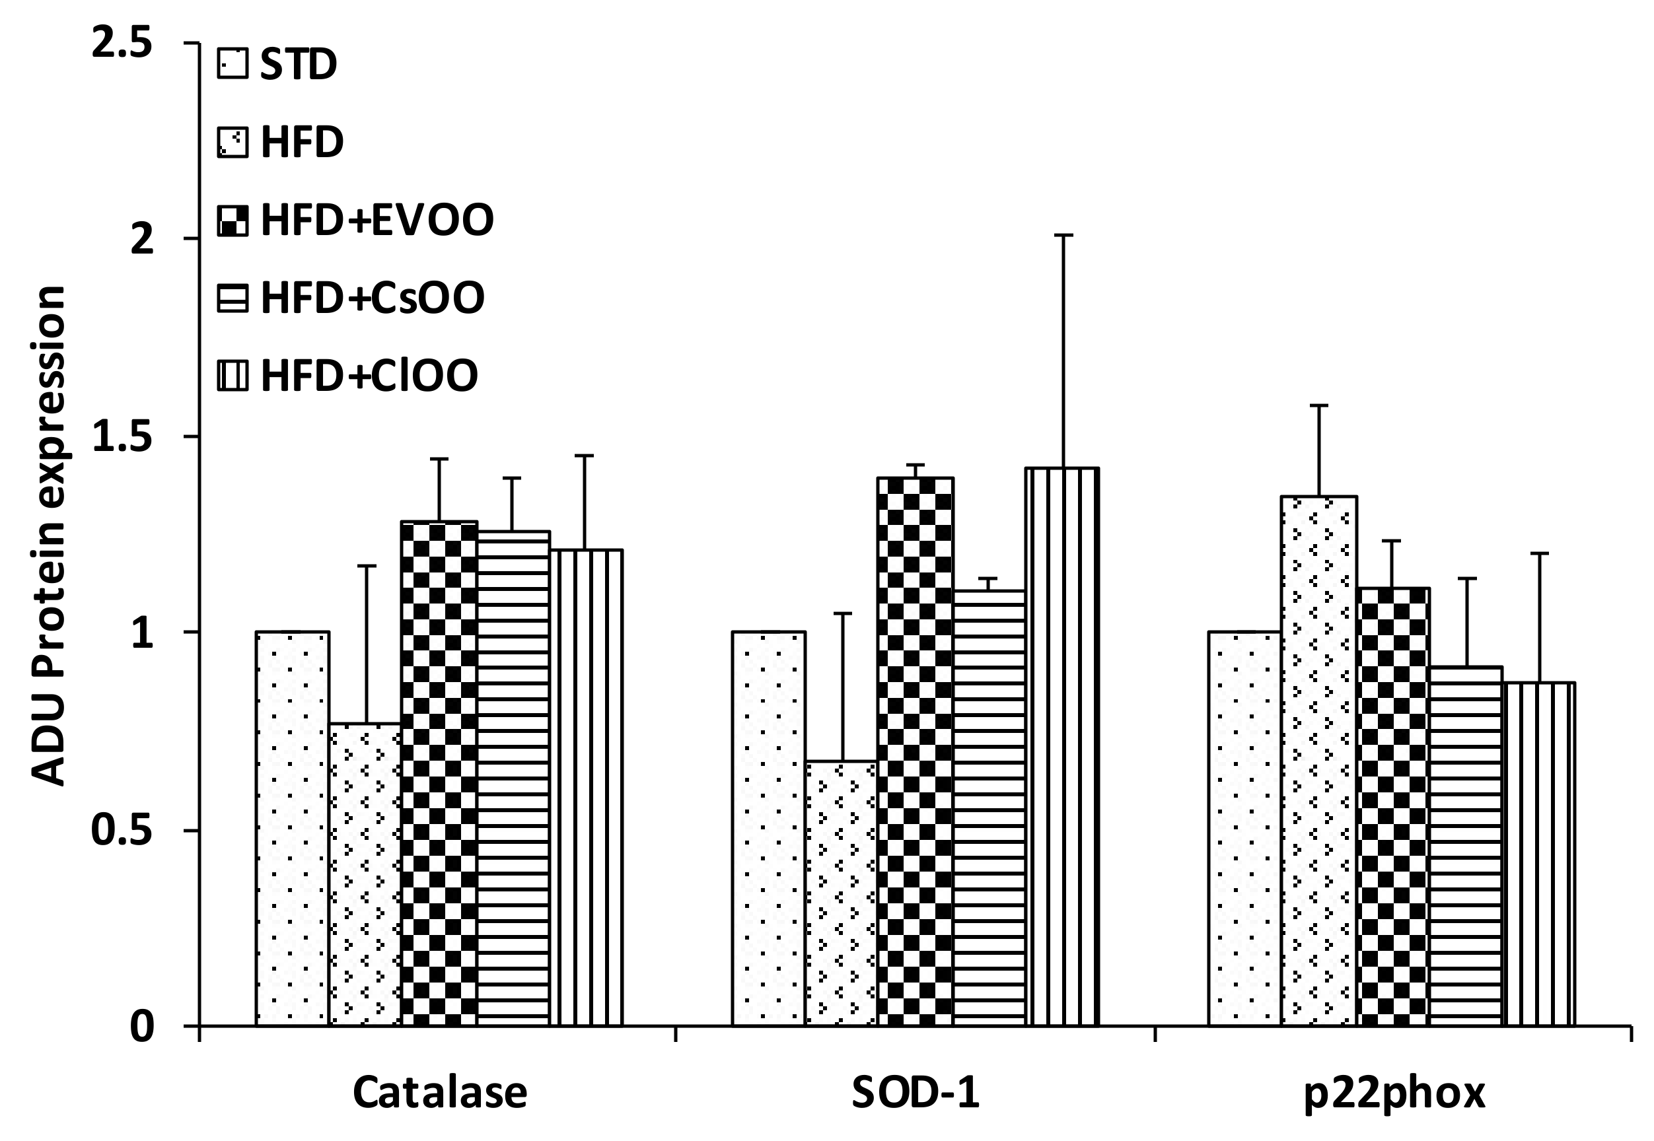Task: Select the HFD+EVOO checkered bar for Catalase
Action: tap(439, 773)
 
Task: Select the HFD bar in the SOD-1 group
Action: tap(842, 893)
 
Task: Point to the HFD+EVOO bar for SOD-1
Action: tap(916, 751)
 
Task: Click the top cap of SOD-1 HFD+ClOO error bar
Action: tap(1063, 235)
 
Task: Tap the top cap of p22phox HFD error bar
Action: tap(1319, 405)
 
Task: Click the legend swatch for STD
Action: tap(233, 63)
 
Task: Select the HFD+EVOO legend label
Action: tap(377, 219)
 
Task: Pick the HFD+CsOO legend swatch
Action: tap(233, 298)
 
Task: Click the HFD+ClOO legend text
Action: tap(369, 375)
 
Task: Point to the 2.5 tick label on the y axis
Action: tap(123, 44)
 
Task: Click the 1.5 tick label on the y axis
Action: tap(123, 436)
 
